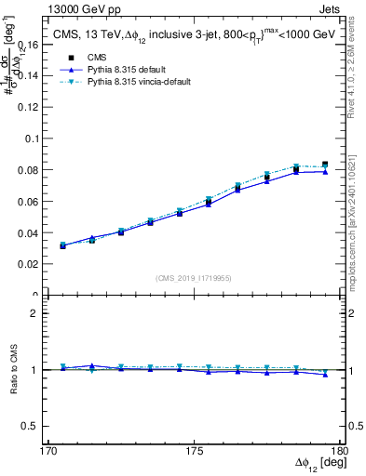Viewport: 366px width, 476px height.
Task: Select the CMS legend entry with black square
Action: pyautogui.click(x=92, y=58)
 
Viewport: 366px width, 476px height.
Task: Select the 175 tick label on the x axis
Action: pyautogui.click(x=194, y=451)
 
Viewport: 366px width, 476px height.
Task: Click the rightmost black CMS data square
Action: pyautogui.click(x=324, y=165)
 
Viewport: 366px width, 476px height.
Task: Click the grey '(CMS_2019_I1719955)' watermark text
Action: pyautogui.click(x=194, y=277)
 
